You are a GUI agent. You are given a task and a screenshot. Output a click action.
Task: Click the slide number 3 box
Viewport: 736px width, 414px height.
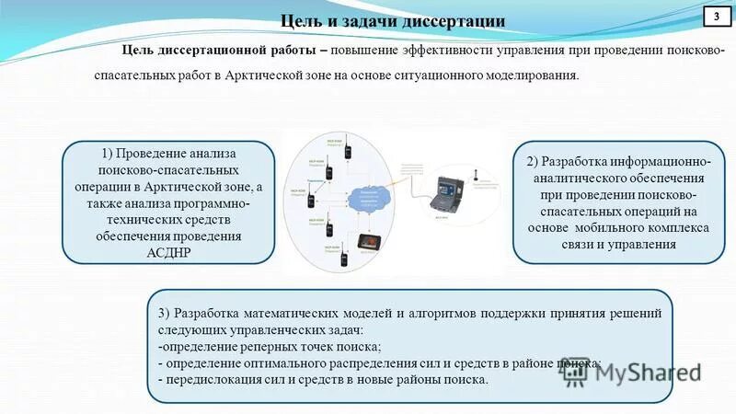point(716,17)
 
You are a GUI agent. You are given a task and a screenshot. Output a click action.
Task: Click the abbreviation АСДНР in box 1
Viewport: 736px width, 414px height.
point(167,251)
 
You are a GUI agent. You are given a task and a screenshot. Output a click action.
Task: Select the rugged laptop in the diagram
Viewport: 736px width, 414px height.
point(450,195)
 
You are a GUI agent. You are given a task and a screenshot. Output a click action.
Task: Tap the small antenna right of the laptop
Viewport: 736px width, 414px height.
point(476,174)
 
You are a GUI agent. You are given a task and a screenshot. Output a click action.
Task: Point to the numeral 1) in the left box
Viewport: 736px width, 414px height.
point(109,153)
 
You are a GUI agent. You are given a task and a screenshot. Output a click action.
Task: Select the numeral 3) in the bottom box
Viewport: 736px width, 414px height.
point(166,312)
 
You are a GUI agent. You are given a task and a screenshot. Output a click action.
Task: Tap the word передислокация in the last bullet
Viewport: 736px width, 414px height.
point(210,380)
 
